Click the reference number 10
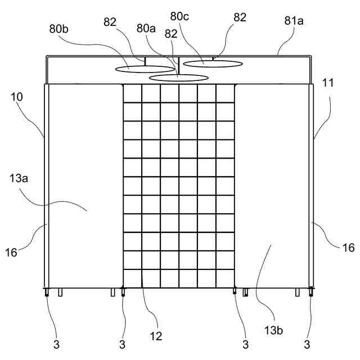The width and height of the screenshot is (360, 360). [x=17, y=97]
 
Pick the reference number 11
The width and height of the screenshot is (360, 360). [x=328, y=83]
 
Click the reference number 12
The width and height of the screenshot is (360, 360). [x=156, y=336]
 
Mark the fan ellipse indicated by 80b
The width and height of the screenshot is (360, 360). [x=145, y=69]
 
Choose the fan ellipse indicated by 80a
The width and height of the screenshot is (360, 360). [x=178, y=77]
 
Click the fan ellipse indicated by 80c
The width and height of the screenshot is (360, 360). [x=213, y=63]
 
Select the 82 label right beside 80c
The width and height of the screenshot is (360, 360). [x=240, y=17]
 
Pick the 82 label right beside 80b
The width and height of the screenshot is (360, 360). [x=111, y=22]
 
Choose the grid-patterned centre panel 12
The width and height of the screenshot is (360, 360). [x=178, y=186]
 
